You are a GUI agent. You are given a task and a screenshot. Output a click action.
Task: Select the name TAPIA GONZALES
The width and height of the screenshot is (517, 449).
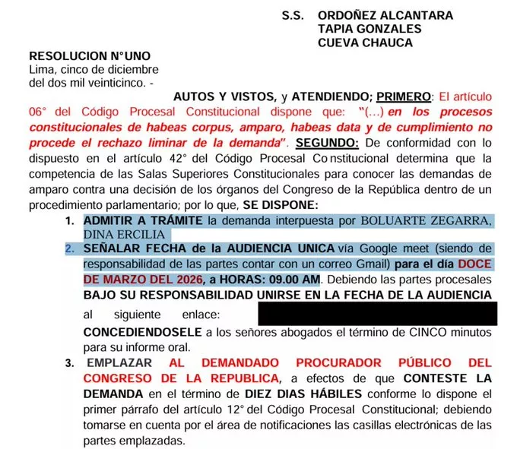pos(370,29)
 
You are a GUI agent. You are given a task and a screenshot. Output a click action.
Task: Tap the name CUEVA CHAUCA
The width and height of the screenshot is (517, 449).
pos(366,43)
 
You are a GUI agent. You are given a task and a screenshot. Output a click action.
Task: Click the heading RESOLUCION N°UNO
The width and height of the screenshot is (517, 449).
pos(89,56)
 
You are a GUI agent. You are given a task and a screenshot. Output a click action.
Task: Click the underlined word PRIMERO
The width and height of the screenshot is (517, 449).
pos(404,97)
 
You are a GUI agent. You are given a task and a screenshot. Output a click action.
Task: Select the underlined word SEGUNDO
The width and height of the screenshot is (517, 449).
pos(326,144)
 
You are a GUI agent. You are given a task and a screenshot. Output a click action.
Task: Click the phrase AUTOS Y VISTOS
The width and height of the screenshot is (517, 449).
pos(225,97)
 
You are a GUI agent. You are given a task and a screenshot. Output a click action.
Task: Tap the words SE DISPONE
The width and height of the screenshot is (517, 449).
pos(282,205)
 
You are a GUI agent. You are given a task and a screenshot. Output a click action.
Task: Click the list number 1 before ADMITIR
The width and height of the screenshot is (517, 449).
pos(69,220)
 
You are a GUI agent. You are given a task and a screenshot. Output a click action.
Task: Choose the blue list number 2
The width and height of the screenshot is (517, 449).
pos(69,249)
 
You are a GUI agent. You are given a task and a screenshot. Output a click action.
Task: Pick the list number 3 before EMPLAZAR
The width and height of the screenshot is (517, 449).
pos(69,363)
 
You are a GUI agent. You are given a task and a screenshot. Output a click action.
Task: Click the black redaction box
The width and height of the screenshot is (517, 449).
pos(377,314)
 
